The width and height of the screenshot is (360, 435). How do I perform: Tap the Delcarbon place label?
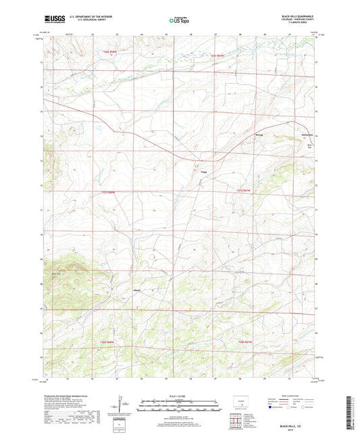307,138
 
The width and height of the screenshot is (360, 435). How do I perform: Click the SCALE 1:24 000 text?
178,396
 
